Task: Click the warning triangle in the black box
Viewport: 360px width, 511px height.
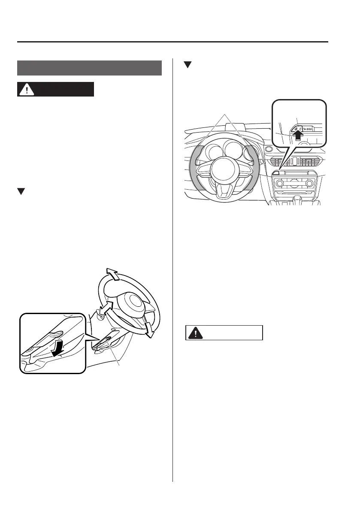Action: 27,89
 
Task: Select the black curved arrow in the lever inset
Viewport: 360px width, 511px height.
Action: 57,344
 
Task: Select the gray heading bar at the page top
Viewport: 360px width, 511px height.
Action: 89,68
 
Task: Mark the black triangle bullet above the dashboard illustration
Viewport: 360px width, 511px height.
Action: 187,65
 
